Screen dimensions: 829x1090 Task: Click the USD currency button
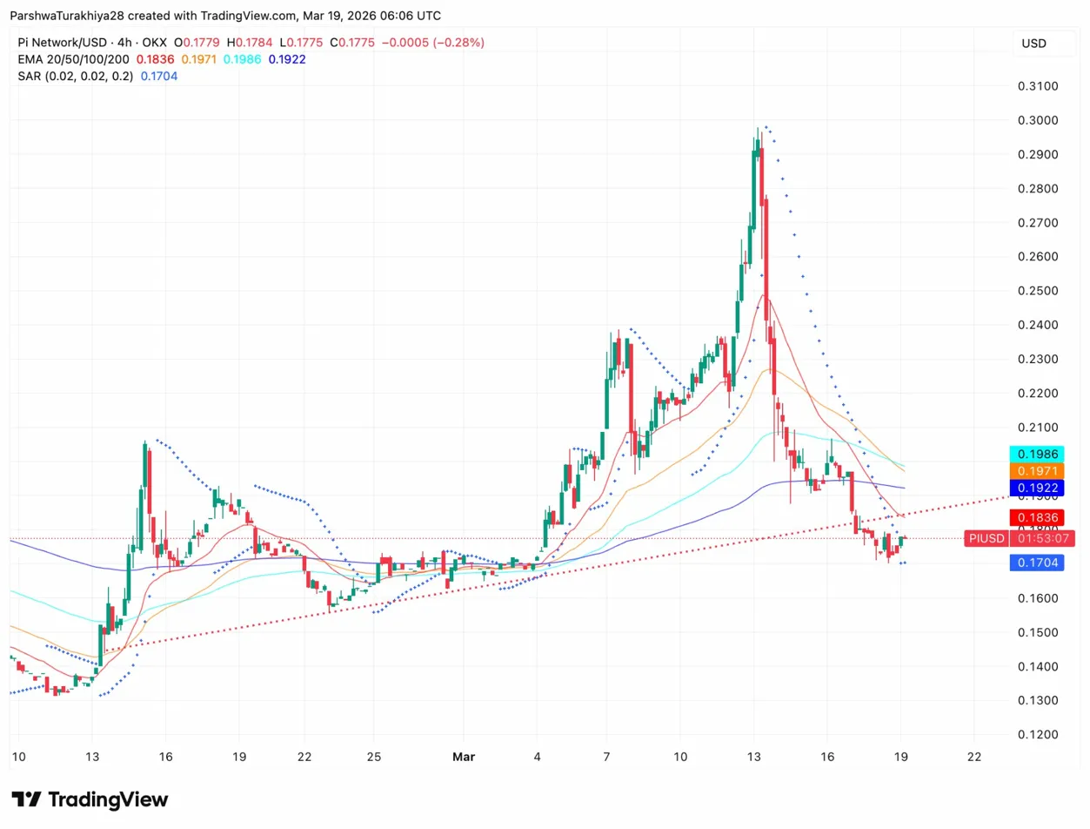click(x=1033, y=44)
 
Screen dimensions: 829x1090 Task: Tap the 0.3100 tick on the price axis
click(x=1038, y=86)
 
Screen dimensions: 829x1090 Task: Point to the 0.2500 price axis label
click(x=1038, y=291)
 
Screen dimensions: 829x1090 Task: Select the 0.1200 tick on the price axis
click(x=1038, y=735)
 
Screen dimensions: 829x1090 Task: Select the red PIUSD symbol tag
click(x=986, y=538)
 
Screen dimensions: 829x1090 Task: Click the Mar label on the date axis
click(x=462, y=757)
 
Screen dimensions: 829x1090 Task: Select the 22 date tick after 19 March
click(x=974, y=757)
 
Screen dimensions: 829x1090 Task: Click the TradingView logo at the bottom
click(x=90, y=799)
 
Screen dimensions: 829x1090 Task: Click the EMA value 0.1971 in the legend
click(x=199, y=59)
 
